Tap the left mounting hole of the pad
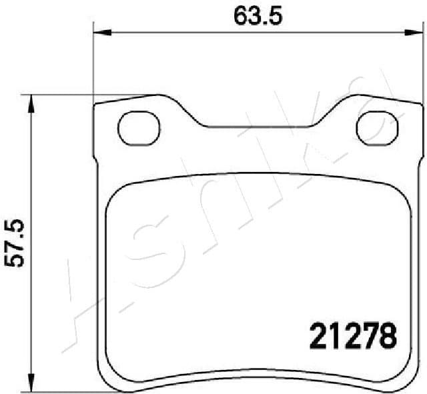click(x=139, y=126)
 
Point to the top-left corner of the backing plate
click(x=95, y=105)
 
